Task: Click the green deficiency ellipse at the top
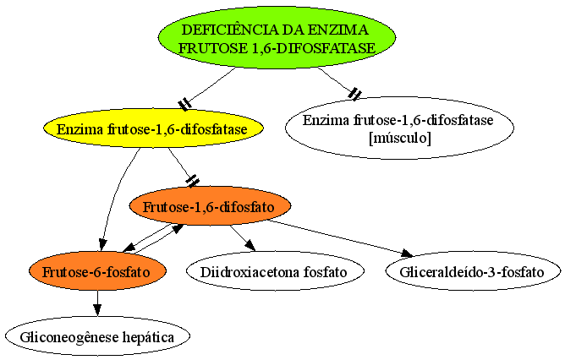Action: pos(277,37)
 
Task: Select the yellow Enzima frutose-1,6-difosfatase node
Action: pos(153,128)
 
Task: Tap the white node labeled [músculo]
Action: pos(399,128)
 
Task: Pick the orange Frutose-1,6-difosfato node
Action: pos(210,206)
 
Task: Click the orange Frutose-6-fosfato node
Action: pos(97,271)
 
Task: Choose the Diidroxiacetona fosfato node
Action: pos(275,271)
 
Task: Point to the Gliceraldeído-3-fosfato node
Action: pos(473,271)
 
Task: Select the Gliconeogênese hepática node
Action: pos(97,336)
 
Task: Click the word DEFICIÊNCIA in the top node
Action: pos(229,30)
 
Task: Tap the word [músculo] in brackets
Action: pos(400,138)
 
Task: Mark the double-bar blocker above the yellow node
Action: pos(185,104)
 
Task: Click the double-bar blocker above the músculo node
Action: pos(354,94)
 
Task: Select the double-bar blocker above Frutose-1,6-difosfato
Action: pos(193,181)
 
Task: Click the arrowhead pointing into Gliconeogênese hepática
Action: pos(97,310)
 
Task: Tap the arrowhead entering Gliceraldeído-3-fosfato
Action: pos(407,254)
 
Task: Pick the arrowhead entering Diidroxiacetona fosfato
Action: pos(250,246)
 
